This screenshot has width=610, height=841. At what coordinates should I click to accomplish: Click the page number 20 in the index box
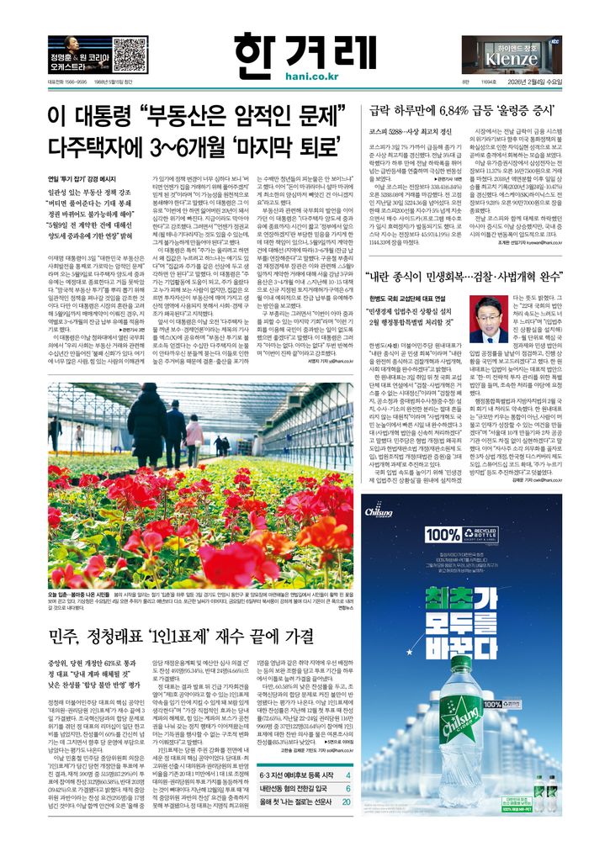tap(347, 826)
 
